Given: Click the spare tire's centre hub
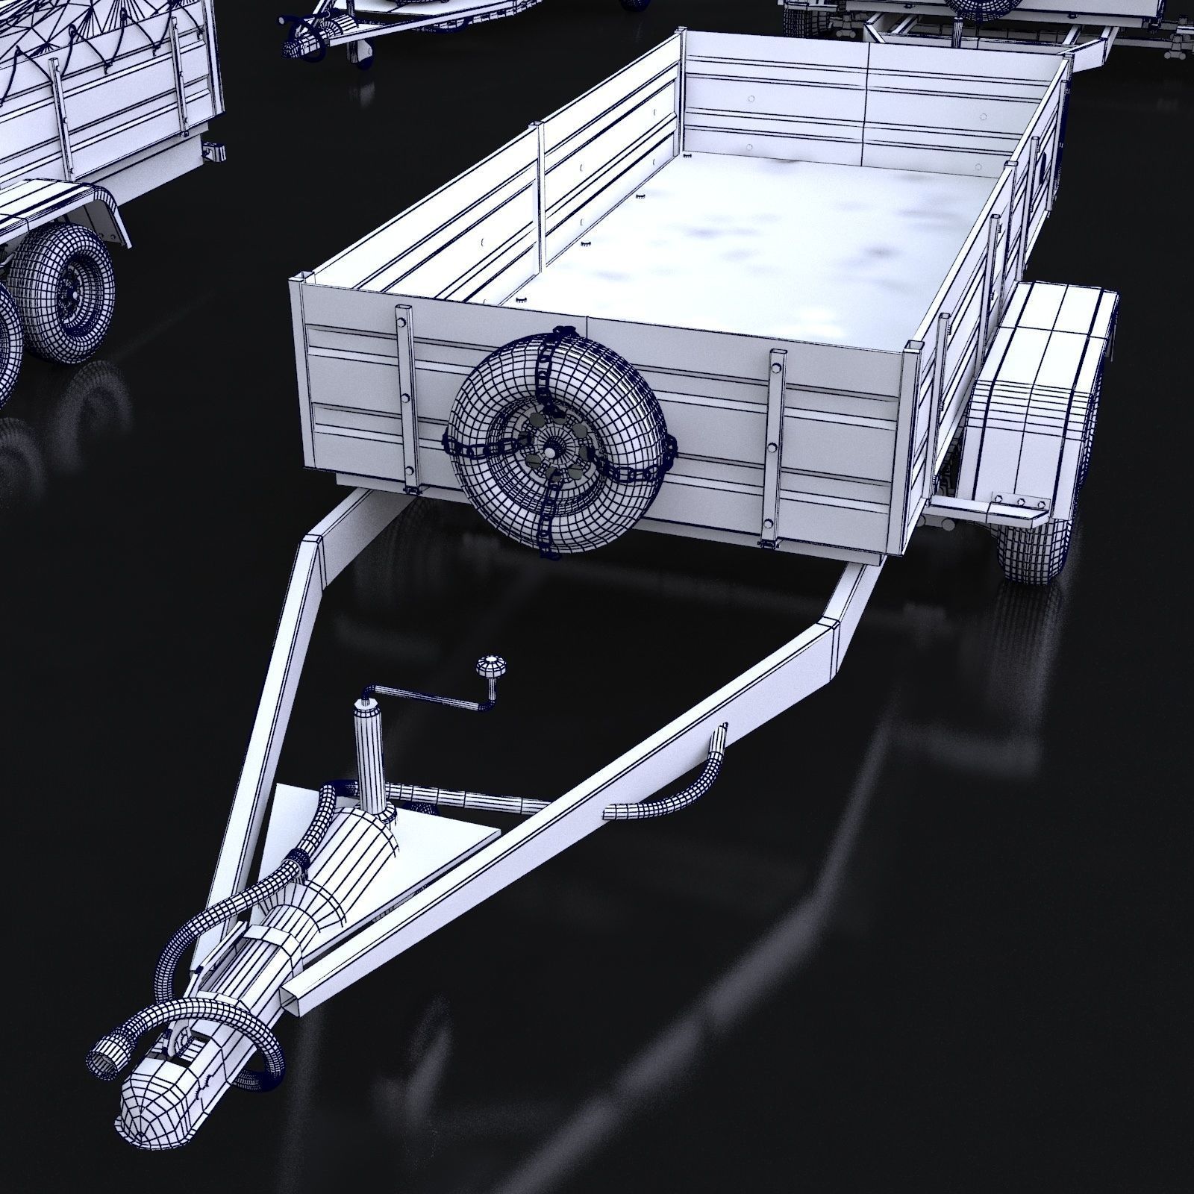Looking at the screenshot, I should pos(553,452).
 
